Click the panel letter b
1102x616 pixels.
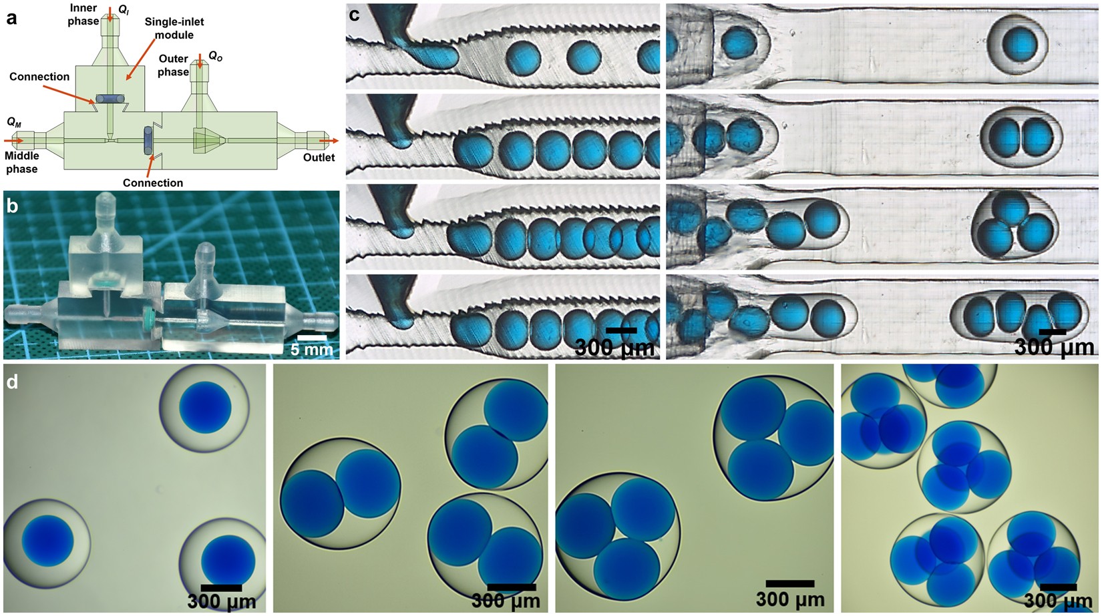point(12,206)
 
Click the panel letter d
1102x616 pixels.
point(12,382)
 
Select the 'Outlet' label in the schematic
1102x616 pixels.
point(319,158)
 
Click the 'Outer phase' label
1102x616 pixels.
point(174,65)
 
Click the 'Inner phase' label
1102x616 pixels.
point(83,15)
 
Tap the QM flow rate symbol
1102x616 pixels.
point(14,122)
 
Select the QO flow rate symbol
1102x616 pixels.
point(215,56)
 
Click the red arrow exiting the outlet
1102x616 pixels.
point(329,141)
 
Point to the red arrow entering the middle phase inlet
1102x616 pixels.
point(13,141)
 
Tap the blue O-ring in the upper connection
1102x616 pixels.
point(110,99)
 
